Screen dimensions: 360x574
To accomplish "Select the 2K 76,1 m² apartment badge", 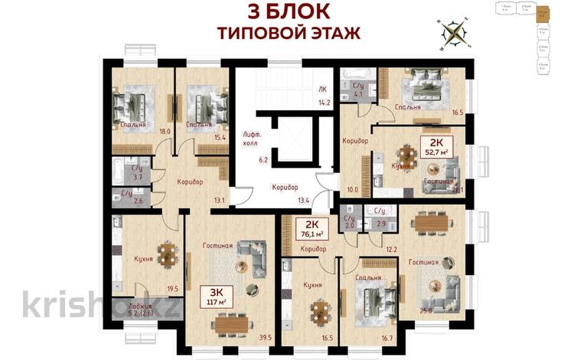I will coord(310,227).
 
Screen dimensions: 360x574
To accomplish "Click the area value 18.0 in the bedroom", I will coord(163,132).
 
